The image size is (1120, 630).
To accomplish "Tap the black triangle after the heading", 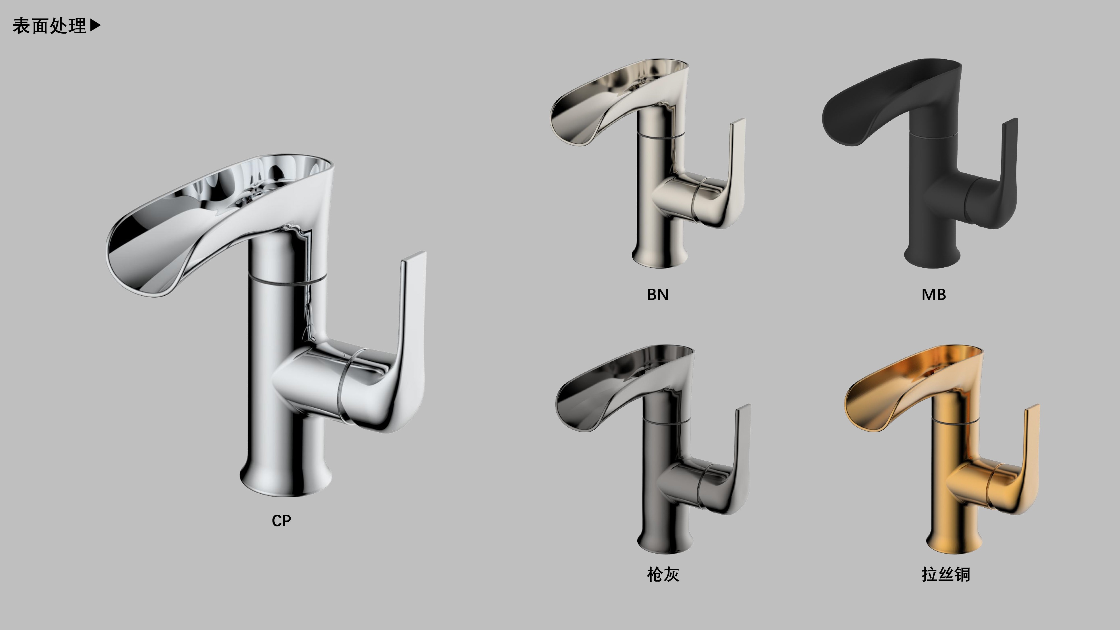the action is pyautogui.click(x=95, y=25).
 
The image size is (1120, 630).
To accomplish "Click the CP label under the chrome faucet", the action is pyautogui.click(x=281, y=521).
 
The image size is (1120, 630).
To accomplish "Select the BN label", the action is pyautogui.click(x=657, y=294).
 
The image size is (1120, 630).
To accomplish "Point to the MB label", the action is pyautogui.click(x=934, y=294).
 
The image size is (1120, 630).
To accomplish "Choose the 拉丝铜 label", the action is pyautogui.click(x=946, y=574).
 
